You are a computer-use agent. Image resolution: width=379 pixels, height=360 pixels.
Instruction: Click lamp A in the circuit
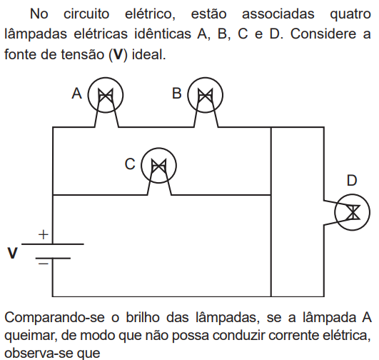[x=106, y=95]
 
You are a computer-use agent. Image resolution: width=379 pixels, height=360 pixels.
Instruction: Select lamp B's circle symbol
[x=206, y=95]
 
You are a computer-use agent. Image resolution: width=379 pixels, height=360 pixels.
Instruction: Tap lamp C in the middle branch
[x=158, y=166]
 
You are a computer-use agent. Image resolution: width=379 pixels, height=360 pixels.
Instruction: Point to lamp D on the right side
[x=352, y=212]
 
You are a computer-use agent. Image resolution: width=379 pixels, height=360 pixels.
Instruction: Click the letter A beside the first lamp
[x=77, y=94]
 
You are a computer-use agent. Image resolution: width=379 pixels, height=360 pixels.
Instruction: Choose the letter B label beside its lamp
[x=177, y=94]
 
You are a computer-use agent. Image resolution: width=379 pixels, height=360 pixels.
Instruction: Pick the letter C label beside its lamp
[x=130, y=164]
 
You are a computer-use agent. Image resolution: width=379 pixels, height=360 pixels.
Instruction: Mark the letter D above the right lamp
[x=352, y=180]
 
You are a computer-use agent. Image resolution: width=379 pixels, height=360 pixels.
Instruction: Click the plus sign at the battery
[x=44, y=235]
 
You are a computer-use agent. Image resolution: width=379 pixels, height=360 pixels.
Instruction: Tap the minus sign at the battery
[x=44, y=264]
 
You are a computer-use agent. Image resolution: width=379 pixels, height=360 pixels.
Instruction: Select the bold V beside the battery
[x=12, y=253]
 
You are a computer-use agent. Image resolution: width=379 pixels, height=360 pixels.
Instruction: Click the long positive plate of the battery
[x=53, y=244]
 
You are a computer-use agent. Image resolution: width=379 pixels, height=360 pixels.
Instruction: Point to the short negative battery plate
[x=53, y=259]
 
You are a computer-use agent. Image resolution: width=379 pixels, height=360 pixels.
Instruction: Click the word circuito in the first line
[x=86, y=14]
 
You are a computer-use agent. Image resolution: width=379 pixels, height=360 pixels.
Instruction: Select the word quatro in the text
[x=350, y=14]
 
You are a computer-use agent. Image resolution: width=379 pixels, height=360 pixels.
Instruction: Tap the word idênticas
[x=163, y=34]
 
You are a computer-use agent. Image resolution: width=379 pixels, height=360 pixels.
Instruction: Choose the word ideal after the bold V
[x=148, y=54]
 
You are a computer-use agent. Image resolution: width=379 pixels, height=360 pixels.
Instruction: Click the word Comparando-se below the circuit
[x=55, y=318]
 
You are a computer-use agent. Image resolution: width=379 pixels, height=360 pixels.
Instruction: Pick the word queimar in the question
[x=31, y=336]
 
